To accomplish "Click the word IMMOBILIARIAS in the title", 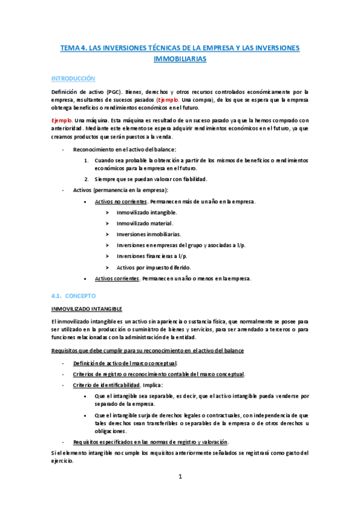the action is pyautogui.click(x=180, y=60).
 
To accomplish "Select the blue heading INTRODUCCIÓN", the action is pyautogui.click(x=73, y=79).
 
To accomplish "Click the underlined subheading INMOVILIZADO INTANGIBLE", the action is pyautogui.click(x=87, y=309).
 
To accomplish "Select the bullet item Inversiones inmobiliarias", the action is pyautogui.click(x=149, y=234).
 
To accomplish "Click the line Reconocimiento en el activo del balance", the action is pyautogui.click(x=125, y=149).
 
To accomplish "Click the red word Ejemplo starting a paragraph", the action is pyautogui.click(x=61, y=120).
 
